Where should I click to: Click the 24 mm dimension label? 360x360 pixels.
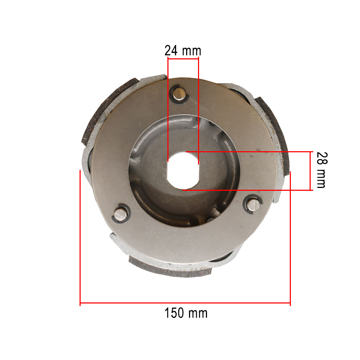[183, 51]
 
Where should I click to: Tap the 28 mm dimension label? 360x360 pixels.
[322, 170]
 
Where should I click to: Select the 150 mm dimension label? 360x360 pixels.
[186, 313]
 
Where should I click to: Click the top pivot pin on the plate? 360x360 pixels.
[179, 94]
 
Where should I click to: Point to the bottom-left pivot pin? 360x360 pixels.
[121, 215]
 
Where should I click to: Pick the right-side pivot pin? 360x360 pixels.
[253, 205]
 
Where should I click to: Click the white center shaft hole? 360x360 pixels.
[183, 170]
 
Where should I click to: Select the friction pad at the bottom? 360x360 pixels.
[170, 268]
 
